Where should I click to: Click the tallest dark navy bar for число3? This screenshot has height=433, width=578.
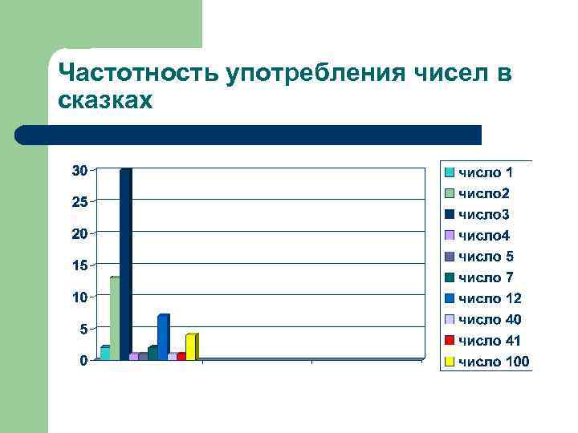tap(124, 265)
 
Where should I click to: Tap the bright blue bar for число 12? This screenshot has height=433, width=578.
tap(163, 338)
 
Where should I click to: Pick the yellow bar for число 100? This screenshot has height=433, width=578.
tap(191, 347)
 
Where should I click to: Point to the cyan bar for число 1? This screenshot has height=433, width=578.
tap(105, 353)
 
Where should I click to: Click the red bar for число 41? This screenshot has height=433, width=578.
tap(181, 356)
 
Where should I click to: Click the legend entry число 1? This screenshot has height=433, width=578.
tap(485, 172)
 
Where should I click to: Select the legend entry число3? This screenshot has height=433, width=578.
tap(483, 215)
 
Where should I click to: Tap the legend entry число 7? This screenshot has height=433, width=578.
tap(485, 277)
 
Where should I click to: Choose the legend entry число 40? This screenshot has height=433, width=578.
tap(489, 320)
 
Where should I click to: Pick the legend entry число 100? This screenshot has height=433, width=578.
tap(493, 362)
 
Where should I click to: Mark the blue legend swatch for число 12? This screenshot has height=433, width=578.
tap(450, 299)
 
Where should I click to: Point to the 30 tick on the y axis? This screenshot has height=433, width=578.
tap(79, 170)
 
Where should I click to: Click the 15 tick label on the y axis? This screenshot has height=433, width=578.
tap(79, 265)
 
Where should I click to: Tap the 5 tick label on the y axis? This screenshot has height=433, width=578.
tap(83, 329)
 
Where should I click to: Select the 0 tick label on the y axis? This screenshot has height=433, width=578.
tap(83, 361)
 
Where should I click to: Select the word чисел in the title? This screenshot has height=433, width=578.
tap(450, 74)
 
